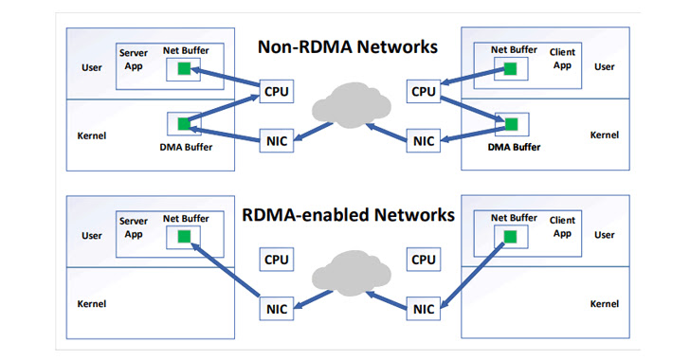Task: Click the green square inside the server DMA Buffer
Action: [184, 123]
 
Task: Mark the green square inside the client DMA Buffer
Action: [512, 124]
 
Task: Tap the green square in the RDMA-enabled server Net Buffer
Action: [184, 236]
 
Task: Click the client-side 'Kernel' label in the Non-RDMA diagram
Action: [604, 135]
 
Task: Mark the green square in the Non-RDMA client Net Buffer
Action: [511, 68]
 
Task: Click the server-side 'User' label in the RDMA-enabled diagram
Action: [91, 236]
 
